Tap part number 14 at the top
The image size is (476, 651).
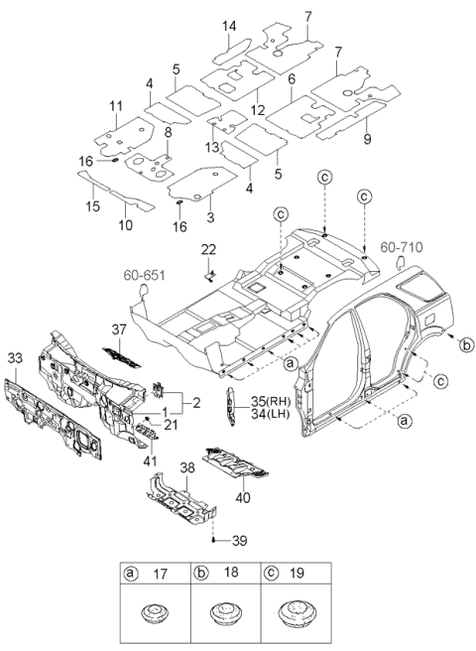coord(229,25)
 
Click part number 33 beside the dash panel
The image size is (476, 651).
coord(14,357)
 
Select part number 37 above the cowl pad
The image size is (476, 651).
coord(119,329)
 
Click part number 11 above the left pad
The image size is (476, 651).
coord(116,105)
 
